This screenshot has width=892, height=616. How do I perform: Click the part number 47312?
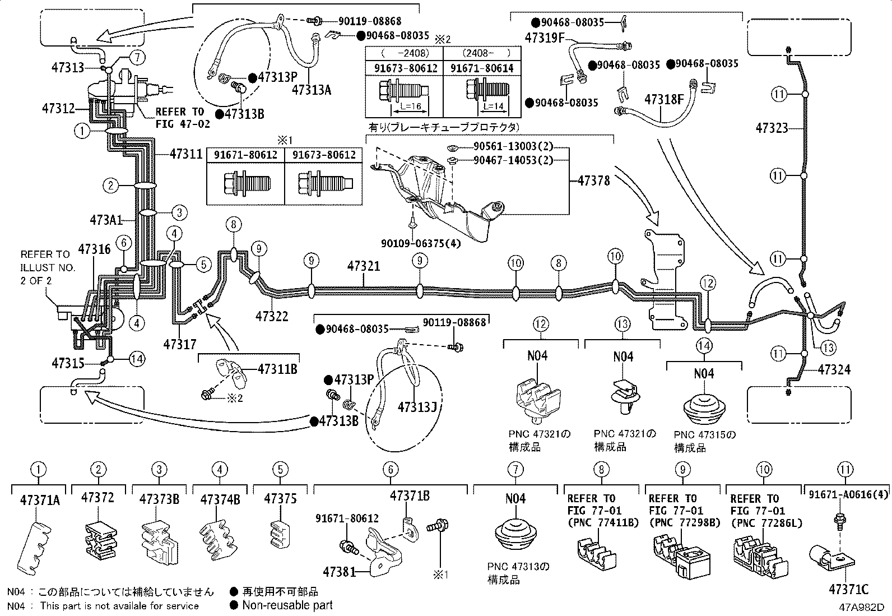point(58,108)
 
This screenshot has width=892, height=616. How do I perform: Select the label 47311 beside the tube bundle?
point(187,154)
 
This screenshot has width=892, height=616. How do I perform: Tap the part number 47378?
point(594,181)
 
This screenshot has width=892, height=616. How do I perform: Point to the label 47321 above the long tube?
point(364,266)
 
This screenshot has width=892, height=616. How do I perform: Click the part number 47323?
point(772,128)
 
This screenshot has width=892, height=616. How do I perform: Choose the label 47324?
point(834,370)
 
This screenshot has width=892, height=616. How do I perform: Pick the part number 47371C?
point(849,589)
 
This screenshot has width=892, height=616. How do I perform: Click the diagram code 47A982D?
point(861,607)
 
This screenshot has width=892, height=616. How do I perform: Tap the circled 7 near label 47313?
point(137,57)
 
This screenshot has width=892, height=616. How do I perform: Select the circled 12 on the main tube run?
point(708,283)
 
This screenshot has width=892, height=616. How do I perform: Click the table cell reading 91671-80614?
point(482,68)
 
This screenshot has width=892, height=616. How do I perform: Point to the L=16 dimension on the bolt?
point(411,106)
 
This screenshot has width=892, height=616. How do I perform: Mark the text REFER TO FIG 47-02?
point(183,118)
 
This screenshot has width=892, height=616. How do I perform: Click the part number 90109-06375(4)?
point(421,243)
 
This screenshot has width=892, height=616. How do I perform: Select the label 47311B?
point(277,369)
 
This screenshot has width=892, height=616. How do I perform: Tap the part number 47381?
point(340,572)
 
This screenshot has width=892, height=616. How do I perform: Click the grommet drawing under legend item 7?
point(515,534)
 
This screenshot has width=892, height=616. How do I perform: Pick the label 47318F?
point(664,100)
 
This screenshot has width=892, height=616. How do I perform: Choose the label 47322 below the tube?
point(272,316)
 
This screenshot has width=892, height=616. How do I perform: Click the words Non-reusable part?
point(287,605)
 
